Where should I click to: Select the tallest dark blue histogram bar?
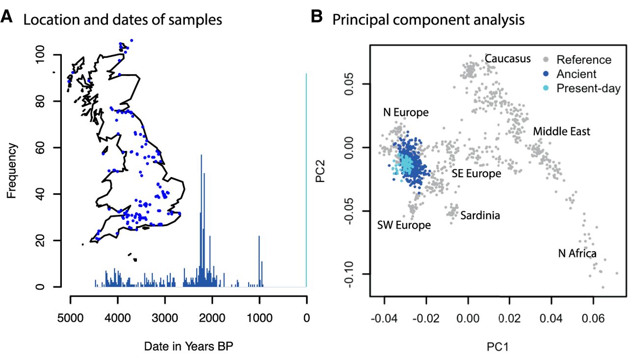pyautogui.click(x=201, y=221)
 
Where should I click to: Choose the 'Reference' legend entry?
pyautogui.click(x=584, y=60)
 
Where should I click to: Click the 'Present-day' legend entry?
pyautogui.click(x=589, y=88)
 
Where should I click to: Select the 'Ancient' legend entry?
pyautogui.click(x=576, y=74)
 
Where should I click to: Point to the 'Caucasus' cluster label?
pyautogui.click(x=508, y=59)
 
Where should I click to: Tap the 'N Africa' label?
pyautogui.click(x=577, y=254)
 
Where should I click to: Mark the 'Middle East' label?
pyautogui.click(x=561, y=131)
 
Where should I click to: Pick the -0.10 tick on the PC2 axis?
pyautogui.click(x=354, y=274)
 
